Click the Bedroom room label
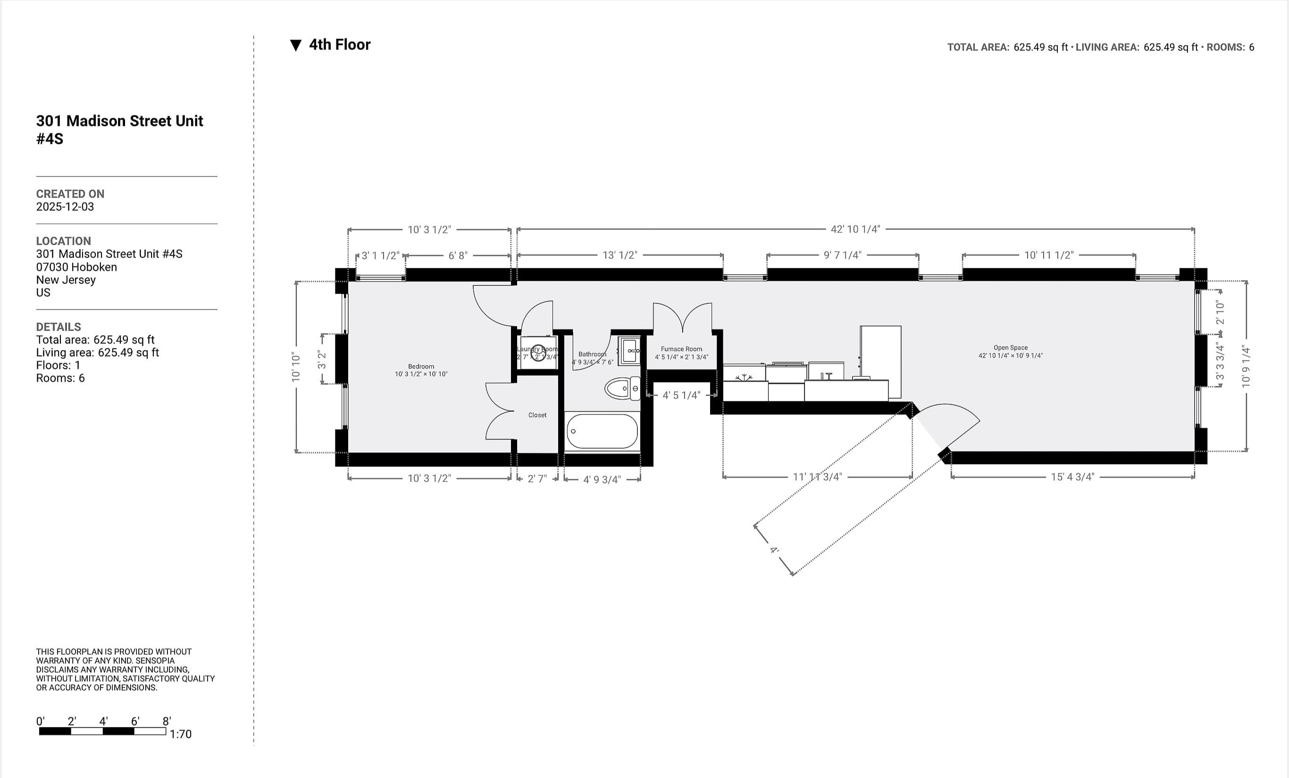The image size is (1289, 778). tap(420, 366)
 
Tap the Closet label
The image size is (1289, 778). tap(537, 415)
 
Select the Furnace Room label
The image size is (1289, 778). tap(681, 349)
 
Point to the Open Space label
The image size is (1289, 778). tap(1010, 348)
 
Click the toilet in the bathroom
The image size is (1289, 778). tap(621, 389)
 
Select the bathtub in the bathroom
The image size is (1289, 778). tap(602, 431)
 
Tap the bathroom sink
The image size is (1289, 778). tap(629, 350)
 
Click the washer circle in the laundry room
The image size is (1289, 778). tap(538, 355)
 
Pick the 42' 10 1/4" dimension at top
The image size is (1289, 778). tap(855, 229)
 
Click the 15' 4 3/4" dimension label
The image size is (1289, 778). tap(1072, 477)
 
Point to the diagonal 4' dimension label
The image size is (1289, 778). tap(774, 550)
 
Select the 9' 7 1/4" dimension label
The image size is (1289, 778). tap(842, 255)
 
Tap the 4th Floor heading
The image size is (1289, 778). tap(340, 45)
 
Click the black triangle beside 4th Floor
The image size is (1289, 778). tap(295, 45)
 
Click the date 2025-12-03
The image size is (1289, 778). tap(65, 207)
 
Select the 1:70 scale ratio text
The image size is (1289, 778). tap(181, 734)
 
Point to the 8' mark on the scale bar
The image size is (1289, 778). tap(167, 721)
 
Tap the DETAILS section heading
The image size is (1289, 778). tap(59, 327)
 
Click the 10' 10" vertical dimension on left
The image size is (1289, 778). tap(296, 367)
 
